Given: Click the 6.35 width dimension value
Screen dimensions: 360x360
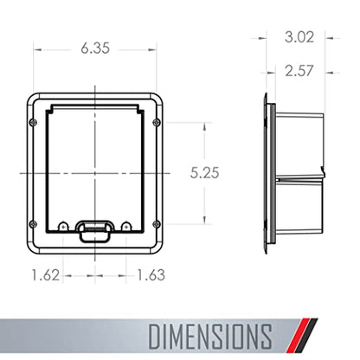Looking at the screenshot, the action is click(95, 48).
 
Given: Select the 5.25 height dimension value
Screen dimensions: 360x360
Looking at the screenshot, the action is click(204, 172).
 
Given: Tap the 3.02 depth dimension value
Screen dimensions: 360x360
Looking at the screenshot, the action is click(299, 37).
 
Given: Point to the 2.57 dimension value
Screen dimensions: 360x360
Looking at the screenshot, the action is click(299, 71).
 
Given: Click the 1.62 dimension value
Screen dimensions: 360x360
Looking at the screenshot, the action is click(46, 275).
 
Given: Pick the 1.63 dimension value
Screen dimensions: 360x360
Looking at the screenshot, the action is click(151, 275).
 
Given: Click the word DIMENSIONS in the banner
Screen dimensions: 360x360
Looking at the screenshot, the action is click(210, 337).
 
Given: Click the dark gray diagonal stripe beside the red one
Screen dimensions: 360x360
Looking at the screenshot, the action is click(307, 335).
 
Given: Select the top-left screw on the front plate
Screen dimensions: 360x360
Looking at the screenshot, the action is click(34, 122).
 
